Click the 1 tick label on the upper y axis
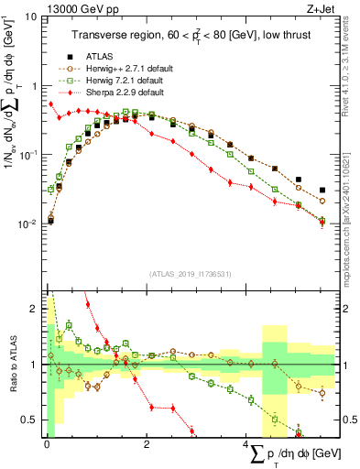34,86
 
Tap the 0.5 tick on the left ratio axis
31,420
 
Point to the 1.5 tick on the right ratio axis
347,337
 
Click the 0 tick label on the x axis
47,445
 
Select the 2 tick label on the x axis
147,445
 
